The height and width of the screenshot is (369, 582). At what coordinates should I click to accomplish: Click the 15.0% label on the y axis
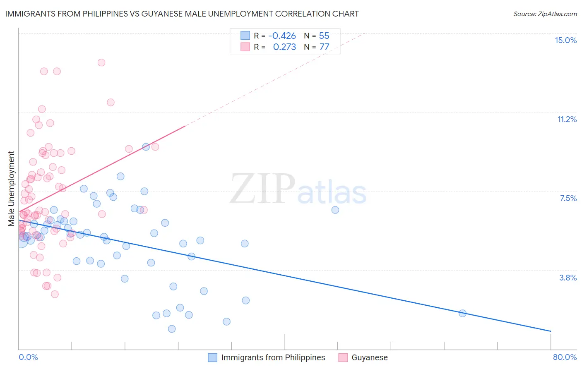[x=565, y=40]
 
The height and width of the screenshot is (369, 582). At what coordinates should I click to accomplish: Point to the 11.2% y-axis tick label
[x=567, y=119]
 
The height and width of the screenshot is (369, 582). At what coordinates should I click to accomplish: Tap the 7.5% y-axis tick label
[x=568, y=198]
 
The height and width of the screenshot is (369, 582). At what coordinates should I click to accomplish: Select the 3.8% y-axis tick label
[x=568, y=278]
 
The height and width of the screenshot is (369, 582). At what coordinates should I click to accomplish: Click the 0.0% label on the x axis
[x=28, y=357]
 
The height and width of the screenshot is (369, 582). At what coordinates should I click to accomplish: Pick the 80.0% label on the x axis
[x=565, y=357]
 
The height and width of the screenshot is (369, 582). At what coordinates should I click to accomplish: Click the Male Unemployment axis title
[x=11, y=189]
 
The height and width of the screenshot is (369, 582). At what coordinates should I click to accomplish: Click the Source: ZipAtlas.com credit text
[x=545, y=14]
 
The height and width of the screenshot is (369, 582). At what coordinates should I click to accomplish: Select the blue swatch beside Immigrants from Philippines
[x=212, y=357]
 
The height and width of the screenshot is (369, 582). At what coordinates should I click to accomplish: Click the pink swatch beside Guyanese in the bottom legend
[x=343, y=357]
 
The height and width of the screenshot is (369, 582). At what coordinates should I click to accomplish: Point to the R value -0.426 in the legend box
[x=282, y=36]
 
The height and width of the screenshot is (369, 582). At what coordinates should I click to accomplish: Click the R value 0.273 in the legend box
[x=284, y=47]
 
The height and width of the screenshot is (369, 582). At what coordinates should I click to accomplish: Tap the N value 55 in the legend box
[x=324, y=36]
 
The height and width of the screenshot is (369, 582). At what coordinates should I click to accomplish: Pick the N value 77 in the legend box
[x=324, y=47]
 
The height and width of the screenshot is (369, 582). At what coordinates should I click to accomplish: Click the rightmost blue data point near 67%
[x=462, y=313]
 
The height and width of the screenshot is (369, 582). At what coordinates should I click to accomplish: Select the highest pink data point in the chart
[x=101, y=62]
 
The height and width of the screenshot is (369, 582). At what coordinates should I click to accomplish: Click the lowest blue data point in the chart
[x=172, y=329]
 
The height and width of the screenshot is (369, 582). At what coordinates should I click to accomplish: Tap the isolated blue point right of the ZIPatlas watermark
[x=335, y=210]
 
